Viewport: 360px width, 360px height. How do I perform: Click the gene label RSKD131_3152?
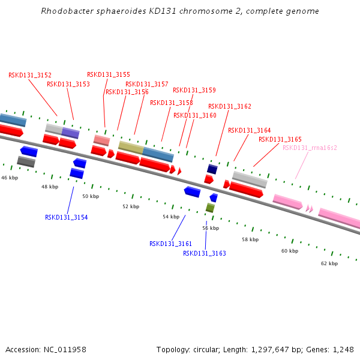tap(30, 75)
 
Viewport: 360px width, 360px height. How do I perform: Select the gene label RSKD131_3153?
tap(68, 84)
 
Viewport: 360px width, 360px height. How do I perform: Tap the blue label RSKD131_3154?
tap(66, 217)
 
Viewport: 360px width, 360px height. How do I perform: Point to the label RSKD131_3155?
tap(109, 74)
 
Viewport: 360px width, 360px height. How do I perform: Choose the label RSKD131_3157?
tap(147, 84)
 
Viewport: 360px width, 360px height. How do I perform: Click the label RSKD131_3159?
tap(194, 90)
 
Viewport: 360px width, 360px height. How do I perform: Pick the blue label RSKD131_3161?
tap(170, 244)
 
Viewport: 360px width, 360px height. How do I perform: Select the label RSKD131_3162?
tap(230, 106)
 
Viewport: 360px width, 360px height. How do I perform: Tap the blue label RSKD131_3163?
tap(205, 253)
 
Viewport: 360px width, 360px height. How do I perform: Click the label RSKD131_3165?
tap(280, 139)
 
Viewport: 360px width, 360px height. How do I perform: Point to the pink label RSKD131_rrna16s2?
tap(310, 148)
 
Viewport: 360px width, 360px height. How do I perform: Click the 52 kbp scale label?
tap(131, 206)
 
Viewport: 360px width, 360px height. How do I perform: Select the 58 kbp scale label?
tap(250, 239)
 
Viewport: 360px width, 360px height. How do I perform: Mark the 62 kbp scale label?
tap(329, 263)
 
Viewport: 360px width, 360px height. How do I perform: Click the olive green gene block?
tap(210, 208)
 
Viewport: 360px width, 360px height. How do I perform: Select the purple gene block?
tap(70, 133)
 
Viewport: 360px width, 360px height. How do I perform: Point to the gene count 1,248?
tap(343, 349)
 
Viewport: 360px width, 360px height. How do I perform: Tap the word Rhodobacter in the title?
tap(64, 11)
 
